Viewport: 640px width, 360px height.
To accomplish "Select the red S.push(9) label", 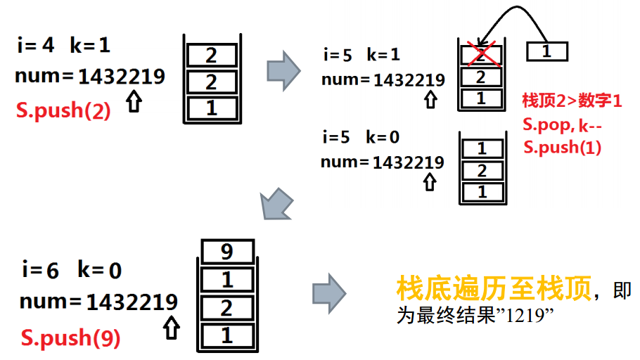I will coord(70,338).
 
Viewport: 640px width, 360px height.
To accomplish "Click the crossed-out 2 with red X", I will coord(481,54).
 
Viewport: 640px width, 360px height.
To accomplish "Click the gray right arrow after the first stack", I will coord(283,70).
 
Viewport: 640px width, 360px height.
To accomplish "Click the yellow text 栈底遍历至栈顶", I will coord(493,289).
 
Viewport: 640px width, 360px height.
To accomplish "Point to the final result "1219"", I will coord(521,316).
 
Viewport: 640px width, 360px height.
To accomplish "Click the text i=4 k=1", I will coord(64,46).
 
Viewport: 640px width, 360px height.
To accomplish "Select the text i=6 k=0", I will coord(71,271).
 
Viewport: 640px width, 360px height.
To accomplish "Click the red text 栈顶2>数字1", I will coord(572,101).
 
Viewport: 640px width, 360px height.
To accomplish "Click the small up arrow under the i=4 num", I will coord(134,102).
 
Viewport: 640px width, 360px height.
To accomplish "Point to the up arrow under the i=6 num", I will coord(169,328).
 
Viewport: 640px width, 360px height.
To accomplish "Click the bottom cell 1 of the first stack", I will coord(211,108).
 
